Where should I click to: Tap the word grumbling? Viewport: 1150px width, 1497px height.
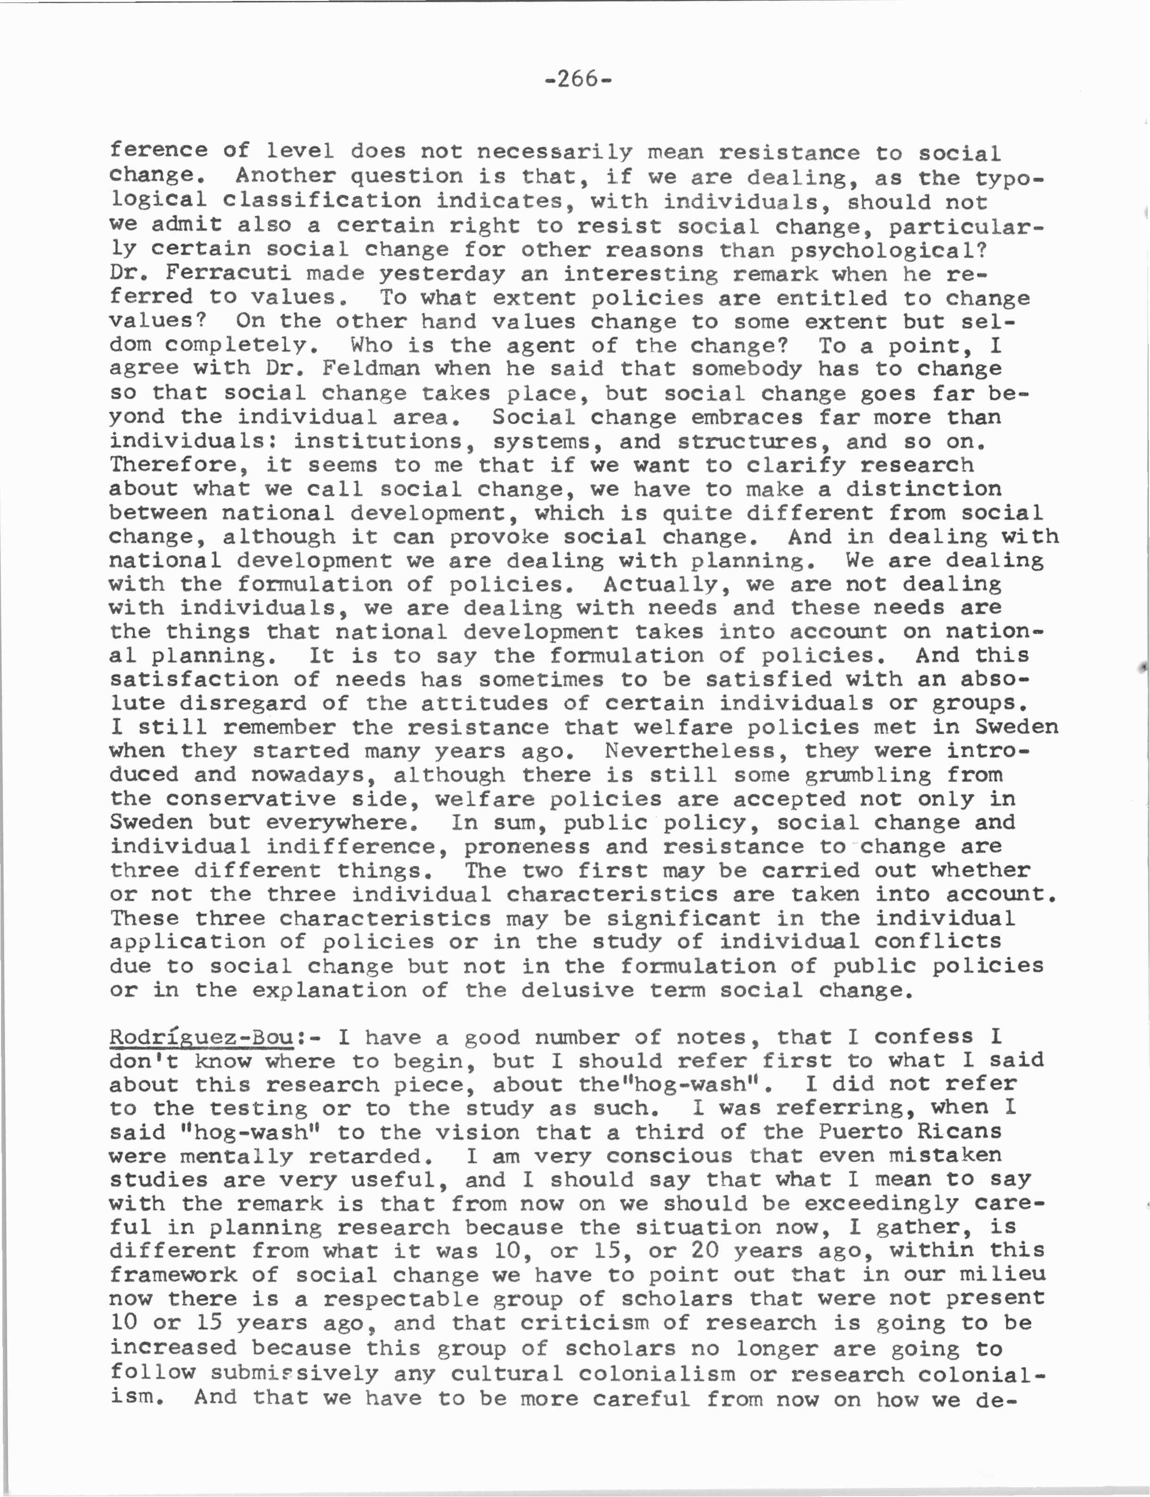pos(867,774)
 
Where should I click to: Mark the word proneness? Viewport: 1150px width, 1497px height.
pos(526,847)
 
